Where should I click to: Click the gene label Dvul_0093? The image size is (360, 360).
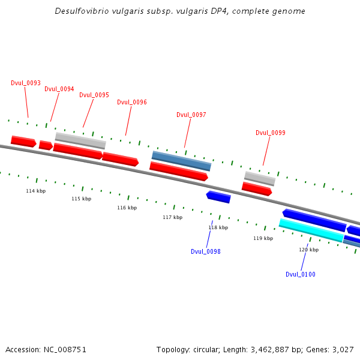coord(26,83)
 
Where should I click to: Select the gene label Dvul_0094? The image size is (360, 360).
coord(59,89)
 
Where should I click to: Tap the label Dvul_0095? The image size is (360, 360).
coord(94,95)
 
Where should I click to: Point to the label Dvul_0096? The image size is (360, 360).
coord(132,102)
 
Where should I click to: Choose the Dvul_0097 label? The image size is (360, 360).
coord(191,115)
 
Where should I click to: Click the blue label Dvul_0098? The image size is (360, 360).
coord(206,251)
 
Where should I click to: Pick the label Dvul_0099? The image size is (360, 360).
coord(271,133)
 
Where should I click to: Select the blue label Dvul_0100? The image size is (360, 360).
coord(301,274)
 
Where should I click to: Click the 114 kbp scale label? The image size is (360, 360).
coord(35,191)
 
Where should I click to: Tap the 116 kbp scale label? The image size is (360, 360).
coord(127,208)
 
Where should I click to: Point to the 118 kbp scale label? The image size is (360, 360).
coord(218,227)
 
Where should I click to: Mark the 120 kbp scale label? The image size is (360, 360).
coord(308,250)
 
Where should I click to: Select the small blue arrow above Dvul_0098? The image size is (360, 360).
coord(218,197)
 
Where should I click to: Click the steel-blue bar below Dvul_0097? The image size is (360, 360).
coord(181,161)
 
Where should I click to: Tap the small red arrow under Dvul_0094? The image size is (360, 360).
coord(46,145)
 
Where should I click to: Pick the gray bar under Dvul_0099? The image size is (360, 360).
coord(260,178)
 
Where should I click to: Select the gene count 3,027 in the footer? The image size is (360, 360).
coord(342,349)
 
